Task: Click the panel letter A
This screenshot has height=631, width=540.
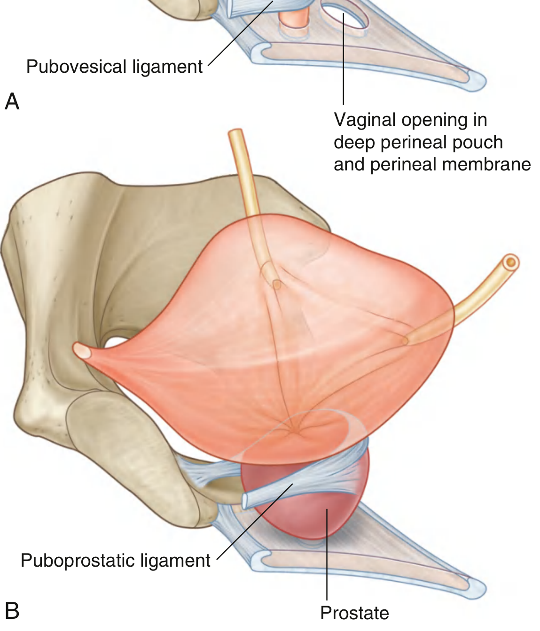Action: tap(12, 101)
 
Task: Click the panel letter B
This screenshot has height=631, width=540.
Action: tap(12, 610)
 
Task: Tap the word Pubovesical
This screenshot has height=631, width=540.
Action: tap(76, 66)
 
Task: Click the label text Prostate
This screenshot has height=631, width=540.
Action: tap(354, 612)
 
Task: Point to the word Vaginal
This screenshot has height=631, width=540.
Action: tap(365, 119)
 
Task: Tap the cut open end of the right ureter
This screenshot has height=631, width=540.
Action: tap(511, 262)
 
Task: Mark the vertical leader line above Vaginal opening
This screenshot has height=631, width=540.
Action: tap(344, 59)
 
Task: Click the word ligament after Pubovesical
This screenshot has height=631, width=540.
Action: tap(167, 66)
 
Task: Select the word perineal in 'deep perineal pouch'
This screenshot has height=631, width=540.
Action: tap(414, 142)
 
